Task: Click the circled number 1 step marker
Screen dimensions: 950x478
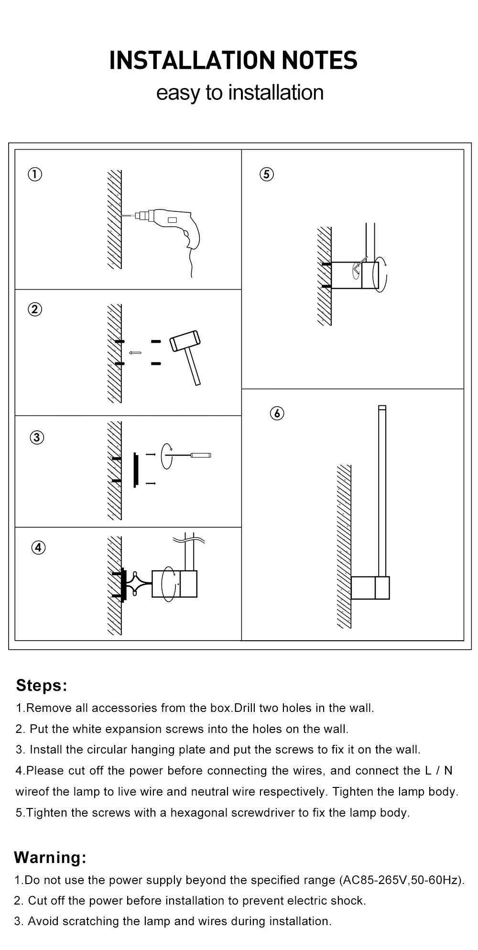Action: click(x=35, y=174)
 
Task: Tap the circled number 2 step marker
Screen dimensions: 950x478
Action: click(x=35, y=309)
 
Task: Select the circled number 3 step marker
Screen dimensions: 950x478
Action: click(x=37, y=437)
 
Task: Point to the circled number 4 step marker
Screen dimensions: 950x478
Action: click(x=39, y=547)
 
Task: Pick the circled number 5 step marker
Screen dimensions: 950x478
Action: click(x=267, y=174)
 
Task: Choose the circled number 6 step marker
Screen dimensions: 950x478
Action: click(x=277, y=413)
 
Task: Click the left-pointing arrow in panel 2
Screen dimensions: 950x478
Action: click(x=135, y=353)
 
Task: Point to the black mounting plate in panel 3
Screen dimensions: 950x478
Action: click(x=136, y=470)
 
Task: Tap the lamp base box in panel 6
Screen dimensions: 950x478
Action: click(x=370, y=588)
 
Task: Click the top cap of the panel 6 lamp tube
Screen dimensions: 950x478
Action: click(x=382, y=408)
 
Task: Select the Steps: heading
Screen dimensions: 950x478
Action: click(x=42, y=685)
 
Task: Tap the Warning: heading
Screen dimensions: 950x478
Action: click(x=50, y=857)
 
